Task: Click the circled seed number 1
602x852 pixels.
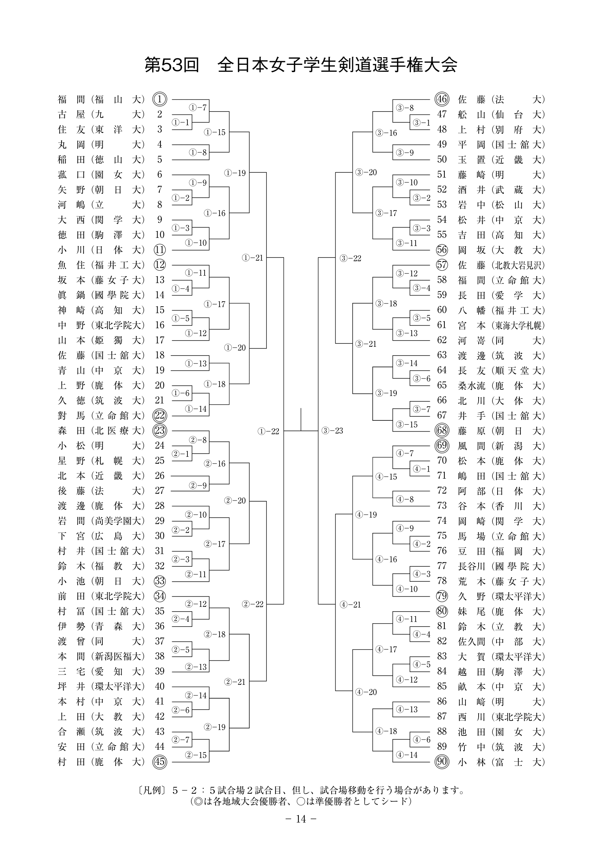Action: (160, 99)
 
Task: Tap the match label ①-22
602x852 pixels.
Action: (268, 431)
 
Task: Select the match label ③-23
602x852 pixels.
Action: (333, 431)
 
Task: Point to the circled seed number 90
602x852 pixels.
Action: (442, 762)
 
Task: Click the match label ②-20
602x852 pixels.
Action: (235, 500)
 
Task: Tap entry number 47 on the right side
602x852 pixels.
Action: (442, 114)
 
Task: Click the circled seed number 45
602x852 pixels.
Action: (160, 762)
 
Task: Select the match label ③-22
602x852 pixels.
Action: (350, 258)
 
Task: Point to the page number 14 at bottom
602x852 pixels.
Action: (301, 818)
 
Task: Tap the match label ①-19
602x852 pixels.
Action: (235, 173)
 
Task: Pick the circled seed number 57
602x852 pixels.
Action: (442, 265)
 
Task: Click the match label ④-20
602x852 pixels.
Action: (366, 692)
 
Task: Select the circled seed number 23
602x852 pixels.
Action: (160, 431)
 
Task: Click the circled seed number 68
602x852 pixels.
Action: (442, 431)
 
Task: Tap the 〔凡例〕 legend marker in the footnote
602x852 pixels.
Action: (151, 790)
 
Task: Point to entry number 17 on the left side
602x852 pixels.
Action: (160, 340)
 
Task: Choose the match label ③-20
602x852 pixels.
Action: (366, 172)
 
